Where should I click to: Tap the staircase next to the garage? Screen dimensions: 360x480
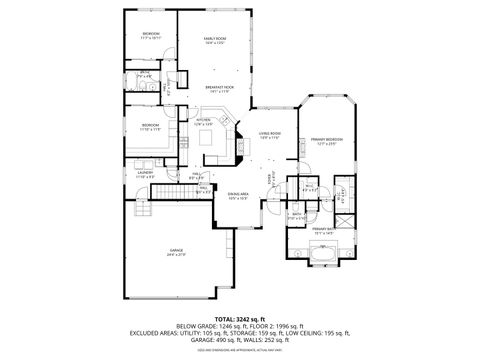pyautogui.click(x=141, y=208)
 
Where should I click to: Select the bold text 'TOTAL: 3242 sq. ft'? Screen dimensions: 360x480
pyautogui.click(x=239, y=318)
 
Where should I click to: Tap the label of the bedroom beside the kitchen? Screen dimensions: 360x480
pyautogui.click(x=151, y=127)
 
